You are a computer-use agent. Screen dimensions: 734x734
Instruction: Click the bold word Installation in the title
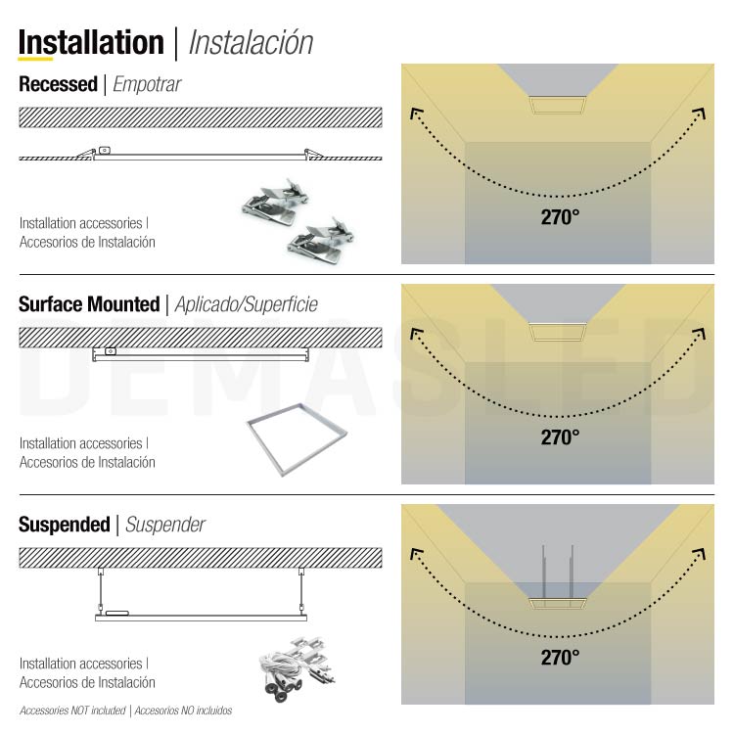click(x=91, y=43)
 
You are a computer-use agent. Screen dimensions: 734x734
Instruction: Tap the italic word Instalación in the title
click(x=251, y=43)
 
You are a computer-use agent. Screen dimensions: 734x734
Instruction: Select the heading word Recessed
click(x=58, y=84)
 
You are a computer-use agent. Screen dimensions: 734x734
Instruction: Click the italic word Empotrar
click(x=147, y=84)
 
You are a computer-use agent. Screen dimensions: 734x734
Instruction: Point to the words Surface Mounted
click(x=89, y=304)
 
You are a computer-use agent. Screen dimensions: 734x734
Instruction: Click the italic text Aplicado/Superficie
click(x=247, y=304)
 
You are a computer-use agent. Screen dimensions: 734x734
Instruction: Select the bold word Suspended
click(x=65, y=525)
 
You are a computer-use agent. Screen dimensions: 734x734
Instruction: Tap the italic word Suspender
click(x=165, y=525)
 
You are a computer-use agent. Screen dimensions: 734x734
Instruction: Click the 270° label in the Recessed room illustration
click(x=560, y=217)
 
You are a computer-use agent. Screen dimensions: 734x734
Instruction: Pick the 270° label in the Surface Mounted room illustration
click(x=560, y=437)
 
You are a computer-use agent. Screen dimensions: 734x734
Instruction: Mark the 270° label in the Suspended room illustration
click(x=560, y=658)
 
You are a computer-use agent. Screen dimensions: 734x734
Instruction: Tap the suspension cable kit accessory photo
click(x=297, y=668)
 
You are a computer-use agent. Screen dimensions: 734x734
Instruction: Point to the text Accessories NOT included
click(x=72, y=711)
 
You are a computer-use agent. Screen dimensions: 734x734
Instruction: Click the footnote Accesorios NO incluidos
click(x=184, y=711)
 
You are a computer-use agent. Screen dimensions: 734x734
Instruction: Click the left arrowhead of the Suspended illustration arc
click(x=416, y=554)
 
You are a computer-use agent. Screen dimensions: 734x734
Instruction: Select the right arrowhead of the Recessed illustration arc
click(x=700, y=114)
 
